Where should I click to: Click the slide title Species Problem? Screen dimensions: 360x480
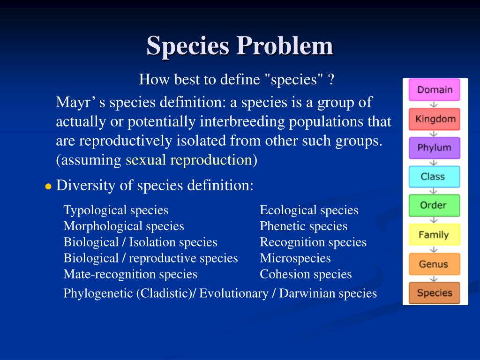[240, 46]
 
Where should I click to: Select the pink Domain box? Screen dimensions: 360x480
[434, 90]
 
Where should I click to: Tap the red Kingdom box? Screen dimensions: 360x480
[434, 119]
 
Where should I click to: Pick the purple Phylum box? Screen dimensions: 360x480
[434, 148]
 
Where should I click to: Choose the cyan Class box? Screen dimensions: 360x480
[434, 177]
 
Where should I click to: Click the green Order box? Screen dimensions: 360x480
[434, 205]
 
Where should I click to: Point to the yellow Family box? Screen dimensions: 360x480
[434, 235]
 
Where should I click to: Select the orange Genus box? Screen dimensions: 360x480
[434, 264]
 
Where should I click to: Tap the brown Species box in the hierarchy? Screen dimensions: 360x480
[434, 293]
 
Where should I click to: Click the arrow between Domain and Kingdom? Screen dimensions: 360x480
[434, 104]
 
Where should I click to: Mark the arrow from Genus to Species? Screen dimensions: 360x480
[434, 278]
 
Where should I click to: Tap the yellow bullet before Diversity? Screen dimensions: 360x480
[48, 187]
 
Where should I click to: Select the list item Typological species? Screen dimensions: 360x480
[116, 210]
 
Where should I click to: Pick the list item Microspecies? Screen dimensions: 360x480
[295, 258]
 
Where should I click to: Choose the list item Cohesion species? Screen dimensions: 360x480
[306, 274]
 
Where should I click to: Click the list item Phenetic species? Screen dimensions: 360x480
[304, 226]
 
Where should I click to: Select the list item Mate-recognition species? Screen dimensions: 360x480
[130, 274]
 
